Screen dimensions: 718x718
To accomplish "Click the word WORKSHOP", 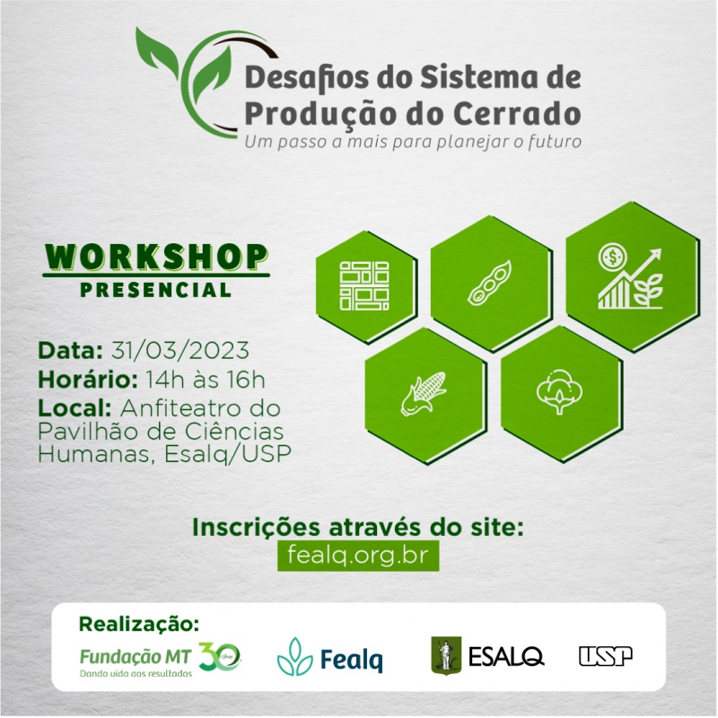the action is [156, 257].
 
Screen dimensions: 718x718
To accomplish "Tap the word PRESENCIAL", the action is [155, 290].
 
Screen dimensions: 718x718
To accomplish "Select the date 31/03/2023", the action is [180, 351].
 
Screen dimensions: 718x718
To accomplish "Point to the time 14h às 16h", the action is [206, 380].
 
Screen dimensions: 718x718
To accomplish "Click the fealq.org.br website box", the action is [358, 556].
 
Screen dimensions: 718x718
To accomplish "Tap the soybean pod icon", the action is [489, 284].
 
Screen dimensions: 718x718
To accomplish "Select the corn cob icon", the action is [424, 394].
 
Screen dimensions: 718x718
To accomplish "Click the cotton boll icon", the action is [559, 391].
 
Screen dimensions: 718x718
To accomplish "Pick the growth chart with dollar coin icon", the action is [630, 276].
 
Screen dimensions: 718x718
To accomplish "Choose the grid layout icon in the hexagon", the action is [364, 285].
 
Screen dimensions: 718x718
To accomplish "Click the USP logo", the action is [605, 656].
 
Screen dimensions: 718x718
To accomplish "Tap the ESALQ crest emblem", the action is [446, 656].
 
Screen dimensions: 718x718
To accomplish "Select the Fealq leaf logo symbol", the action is [295, 657].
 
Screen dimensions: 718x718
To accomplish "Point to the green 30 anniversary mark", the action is [219, 657].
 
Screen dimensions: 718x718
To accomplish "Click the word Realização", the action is [139, 624].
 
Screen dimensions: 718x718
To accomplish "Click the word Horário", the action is [88, 380].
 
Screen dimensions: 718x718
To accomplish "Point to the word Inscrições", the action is [256, 528].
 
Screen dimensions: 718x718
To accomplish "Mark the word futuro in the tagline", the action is [555, 142].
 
